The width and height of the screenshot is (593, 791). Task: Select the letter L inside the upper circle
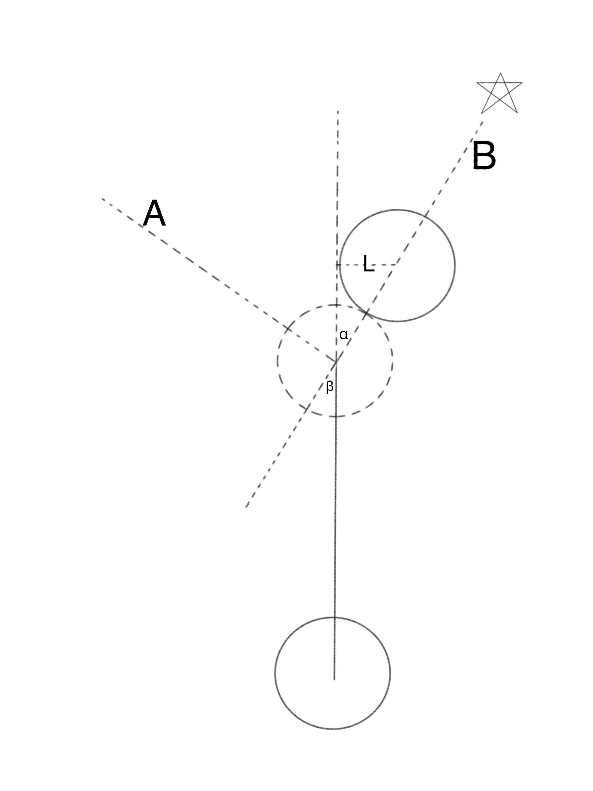(368, 265)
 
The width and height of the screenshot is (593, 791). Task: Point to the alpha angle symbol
(344, 334)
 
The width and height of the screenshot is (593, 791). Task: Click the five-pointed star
(500, 95)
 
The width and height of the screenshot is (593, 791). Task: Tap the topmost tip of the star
(501, 73)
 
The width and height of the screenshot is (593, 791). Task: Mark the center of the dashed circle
(336, 361)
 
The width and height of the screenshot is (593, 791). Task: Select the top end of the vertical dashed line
(338, 112)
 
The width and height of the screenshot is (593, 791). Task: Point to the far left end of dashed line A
(103, 199)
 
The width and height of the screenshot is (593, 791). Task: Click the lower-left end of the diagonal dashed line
(246, 507)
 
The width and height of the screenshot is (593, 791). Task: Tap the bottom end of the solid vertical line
(334, 679)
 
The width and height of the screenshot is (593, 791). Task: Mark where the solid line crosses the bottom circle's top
(334, 618)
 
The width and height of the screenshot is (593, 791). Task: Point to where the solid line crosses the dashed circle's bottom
(335, 416)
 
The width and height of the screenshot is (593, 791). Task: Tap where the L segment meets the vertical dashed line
(337, 265)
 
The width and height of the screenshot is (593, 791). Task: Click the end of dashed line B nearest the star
(483, 122)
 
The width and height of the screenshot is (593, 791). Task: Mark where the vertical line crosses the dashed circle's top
(337, 305)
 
